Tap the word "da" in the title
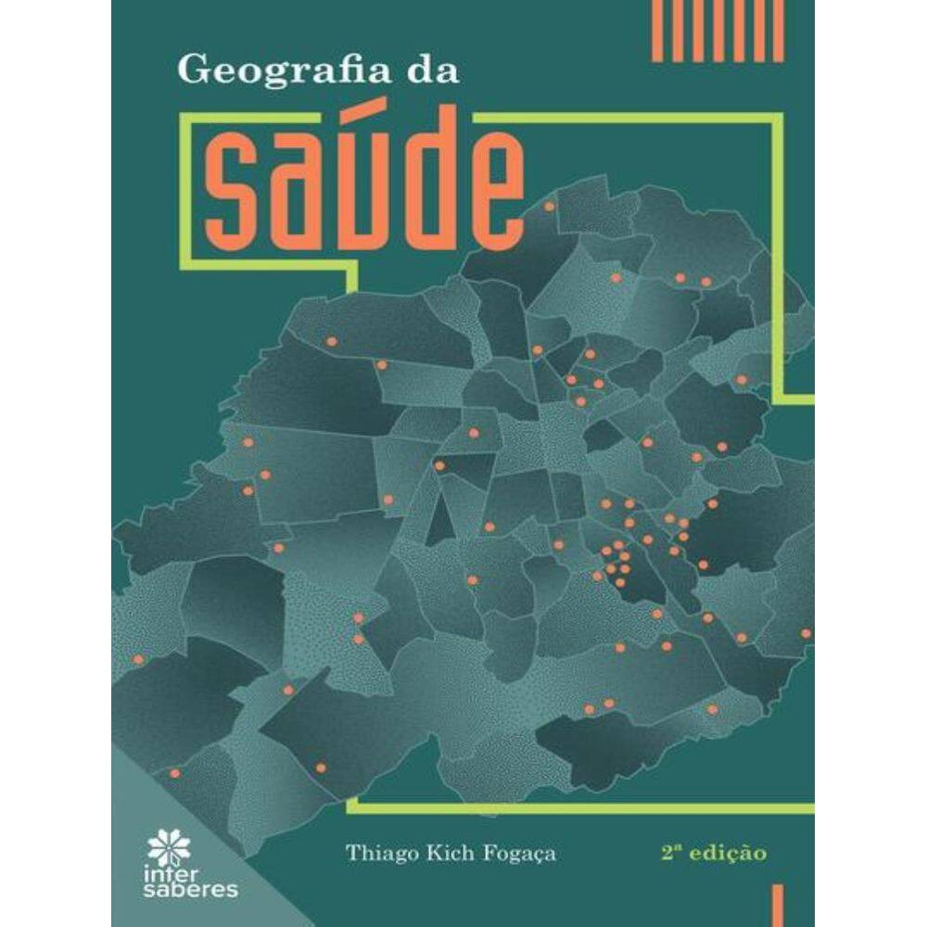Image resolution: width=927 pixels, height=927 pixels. (x=430, y=70)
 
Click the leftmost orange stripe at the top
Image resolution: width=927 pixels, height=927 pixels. (x=657, y=31)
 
